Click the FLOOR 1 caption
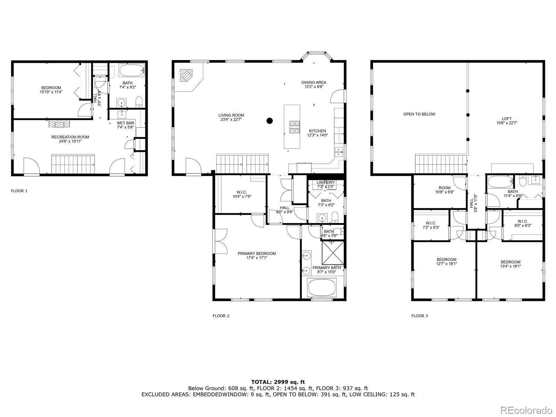click(19, 191)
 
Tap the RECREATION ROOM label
click(70, 137)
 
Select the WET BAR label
click(125, 123)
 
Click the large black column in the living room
click(269, 121)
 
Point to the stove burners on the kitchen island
click(295, 127)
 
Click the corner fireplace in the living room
click(186, 75)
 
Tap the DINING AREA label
click(313, 82)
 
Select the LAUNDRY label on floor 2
click(326, 182)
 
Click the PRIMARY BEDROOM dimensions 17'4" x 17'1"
click(256, 258)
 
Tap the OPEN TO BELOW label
click(419, 114)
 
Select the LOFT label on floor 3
click(507, 119)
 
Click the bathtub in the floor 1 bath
click(132, 71)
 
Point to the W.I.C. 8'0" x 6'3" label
click(522, 223)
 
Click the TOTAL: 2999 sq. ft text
click(278, 382)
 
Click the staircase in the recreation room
click(73, 164)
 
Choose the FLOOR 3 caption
click(419, 316)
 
